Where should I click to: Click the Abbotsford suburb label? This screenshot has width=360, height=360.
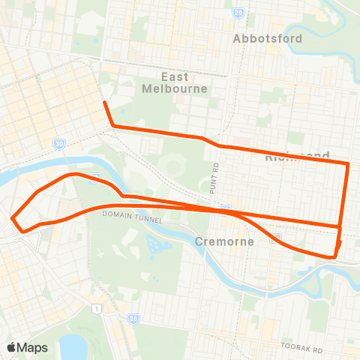pyautogui.click(x=268, y=38)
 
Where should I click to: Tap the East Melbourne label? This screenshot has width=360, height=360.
pyautogui.click(x=184, y=82)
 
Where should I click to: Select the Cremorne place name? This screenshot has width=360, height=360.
pyautogui.click(x=225, y=241)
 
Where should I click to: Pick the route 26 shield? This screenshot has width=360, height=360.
pyautogui.click(x=131, y=318)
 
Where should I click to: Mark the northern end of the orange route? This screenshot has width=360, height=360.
pyautogui.click(x=103, y=102)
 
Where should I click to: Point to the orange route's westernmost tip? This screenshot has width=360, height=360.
pyautogui.click(x=12, y=218)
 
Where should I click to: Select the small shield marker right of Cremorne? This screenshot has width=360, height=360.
pyautogui.click(x=276, y=238)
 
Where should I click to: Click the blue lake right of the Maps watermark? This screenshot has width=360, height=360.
pyautogui.click(x=73, y=346)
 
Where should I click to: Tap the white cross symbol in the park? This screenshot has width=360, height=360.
pyautogui.click(x=99, y=252)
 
